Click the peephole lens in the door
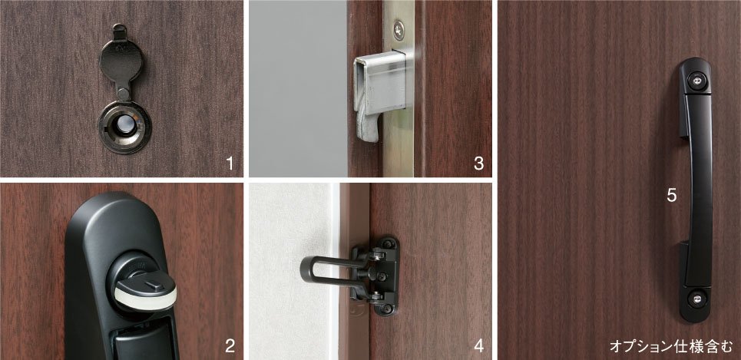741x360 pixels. click(x=124, y=124)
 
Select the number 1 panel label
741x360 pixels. click(x=230, y=163)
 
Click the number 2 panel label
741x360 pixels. click(x=230, y=346)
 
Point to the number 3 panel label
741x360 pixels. click(x=478, y=163)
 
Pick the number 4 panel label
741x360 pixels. click(x=478, y=346)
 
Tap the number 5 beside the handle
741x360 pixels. click(x=672, y=196)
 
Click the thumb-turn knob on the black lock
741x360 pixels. click(x=145, y=292)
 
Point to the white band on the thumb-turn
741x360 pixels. click(x=146, y=298)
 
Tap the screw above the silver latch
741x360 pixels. click(x=399, y=29)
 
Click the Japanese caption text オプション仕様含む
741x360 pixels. click(x=670, y=347)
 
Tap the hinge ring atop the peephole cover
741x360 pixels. click(x=120, y=29)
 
